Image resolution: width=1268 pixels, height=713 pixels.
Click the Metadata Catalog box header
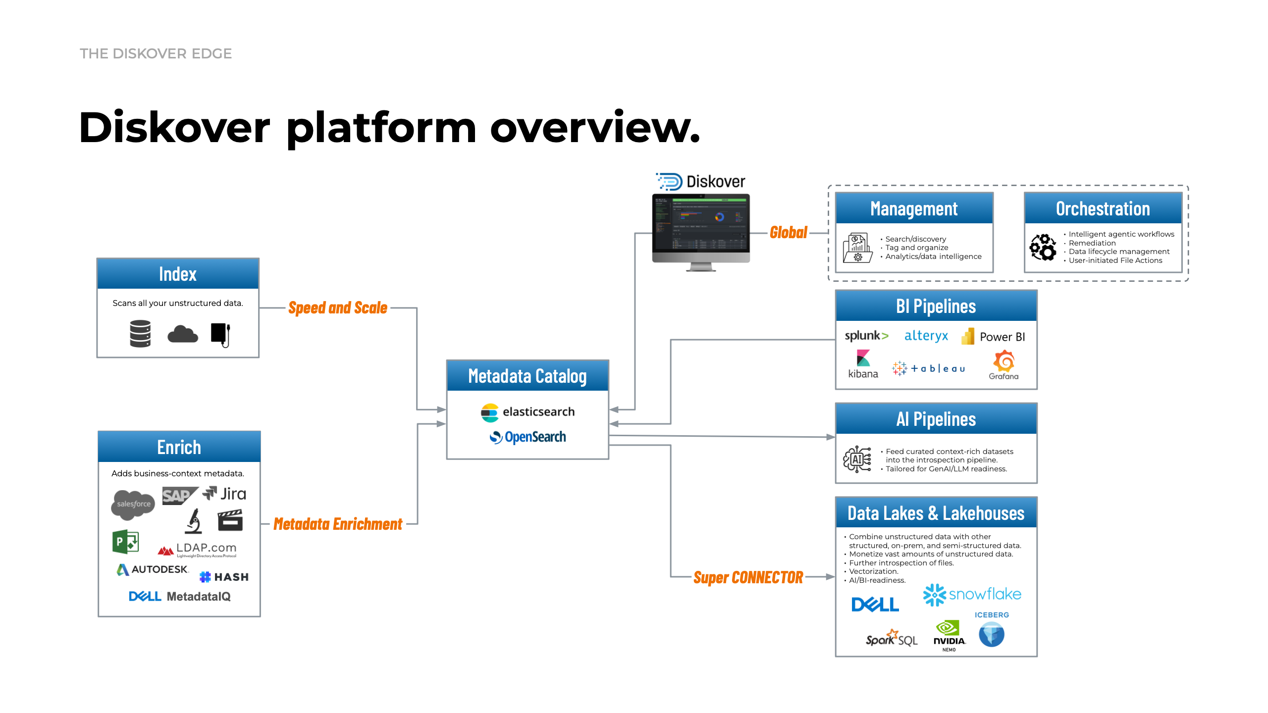click(528, 376)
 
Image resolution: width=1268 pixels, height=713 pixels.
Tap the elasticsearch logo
click(528, 412)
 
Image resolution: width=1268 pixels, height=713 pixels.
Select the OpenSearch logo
click(528, 437)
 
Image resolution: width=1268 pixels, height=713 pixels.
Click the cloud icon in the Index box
click(182, 334)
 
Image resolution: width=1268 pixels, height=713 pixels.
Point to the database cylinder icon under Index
click(140, 334)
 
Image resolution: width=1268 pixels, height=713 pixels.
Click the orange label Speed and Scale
click(338, 308)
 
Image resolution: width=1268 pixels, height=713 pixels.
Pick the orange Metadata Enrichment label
click(338, 524)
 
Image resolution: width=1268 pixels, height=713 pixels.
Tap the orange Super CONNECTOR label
click(748, 577)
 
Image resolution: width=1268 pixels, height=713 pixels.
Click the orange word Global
click(788, 232)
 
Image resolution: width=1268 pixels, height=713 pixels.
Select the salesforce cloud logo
click(133, 504)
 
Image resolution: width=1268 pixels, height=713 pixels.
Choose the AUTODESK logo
click(153, 569)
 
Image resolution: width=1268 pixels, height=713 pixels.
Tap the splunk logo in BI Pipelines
click(866, 336)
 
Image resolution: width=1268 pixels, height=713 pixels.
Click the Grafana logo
click(1004, 365)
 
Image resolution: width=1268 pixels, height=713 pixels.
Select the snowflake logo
click(972, 594)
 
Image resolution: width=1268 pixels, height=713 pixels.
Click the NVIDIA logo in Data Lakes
click(949, 635)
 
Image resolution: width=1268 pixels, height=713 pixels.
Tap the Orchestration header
click(1103, 208)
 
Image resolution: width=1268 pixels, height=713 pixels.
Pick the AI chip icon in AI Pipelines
click(857, 459)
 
